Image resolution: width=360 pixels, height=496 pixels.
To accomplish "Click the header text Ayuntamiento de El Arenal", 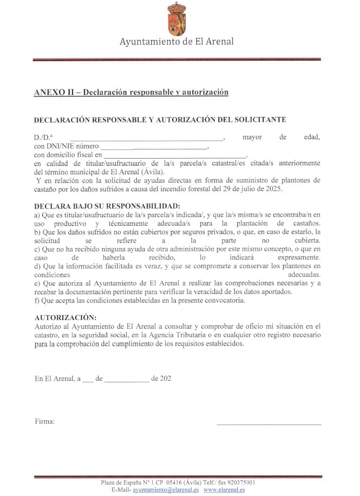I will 176,42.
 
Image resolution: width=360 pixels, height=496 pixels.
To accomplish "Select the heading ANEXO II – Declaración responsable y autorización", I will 131,93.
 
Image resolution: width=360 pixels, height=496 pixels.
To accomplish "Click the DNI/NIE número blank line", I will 154,147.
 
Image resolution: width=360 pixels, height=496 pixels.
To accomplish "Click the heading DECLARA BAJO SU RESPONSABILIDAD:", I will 106,207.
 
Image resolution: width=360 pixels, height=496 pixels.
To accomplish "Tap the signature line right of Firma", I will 269,422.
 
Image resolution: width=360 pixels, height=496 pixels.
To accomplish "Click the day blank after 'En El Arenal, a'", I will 88,379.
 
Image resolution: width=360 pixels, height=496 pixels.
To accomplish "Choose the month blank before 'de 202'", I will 126,379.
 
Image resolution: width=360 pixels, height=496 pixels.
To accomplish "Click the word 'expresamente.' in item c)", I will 295,258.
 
